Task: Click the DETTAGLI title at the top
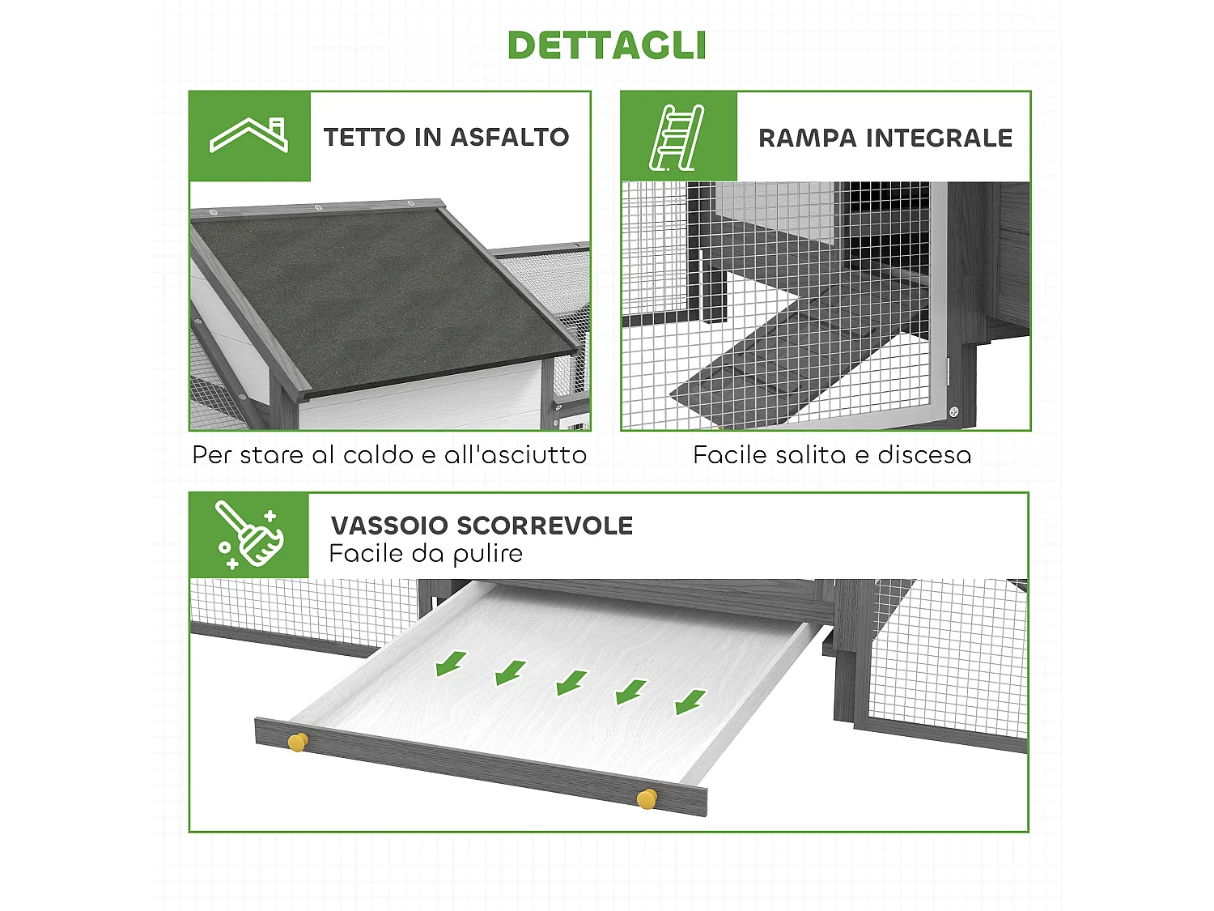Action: [606, 45]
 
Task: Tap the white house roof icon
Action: [249, 136]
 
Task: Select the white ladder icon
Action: [677, 137]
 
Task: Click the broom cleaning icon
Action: [249, 534]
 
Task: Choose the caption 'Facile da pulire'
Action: [426, 554]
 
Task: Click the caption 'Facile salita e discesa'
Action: [832, 455]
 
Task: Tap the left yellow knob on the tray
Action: [298, 741]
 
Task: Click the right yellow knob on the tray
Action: [647, 798]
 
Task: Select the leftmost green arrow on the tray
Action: [450, 662]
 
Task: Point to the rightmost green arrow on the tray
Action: [690, 701]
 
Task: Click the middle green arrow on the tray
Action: [571, 682]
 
